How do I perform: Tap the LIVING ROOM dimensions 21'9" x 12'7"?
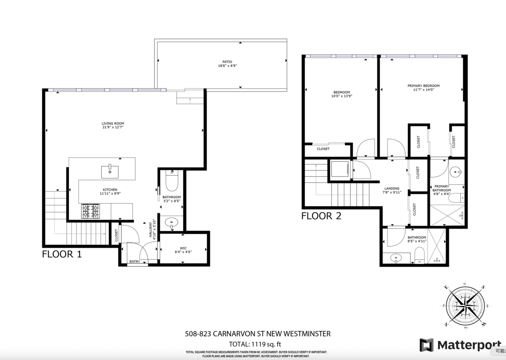coord(113,128)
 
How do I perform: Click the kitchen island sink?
coord(110,172)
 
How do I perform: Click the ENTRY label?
coord(135,262)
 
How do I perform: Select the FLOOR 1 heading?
coord(62,254)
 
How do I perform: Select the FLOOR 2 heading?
coord(321,217)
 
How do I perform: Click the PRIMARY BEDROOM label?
coord(423,86)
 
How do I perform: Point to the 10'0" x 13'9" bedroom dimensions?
coord(342,96)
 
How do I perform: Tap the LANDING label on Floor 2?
coord(392,188)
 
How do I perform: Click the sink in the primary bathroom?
coord(455,172)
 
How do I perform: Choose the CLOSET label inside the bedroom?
coord(323,149)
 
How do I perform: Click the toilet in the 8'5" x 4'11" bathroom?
coord(419,255)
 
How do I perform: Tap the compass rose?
coord(466,306)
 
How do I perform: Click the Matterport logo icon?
coord(426,345)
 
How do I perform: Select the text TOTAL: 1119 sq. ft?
coord(258,344)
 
